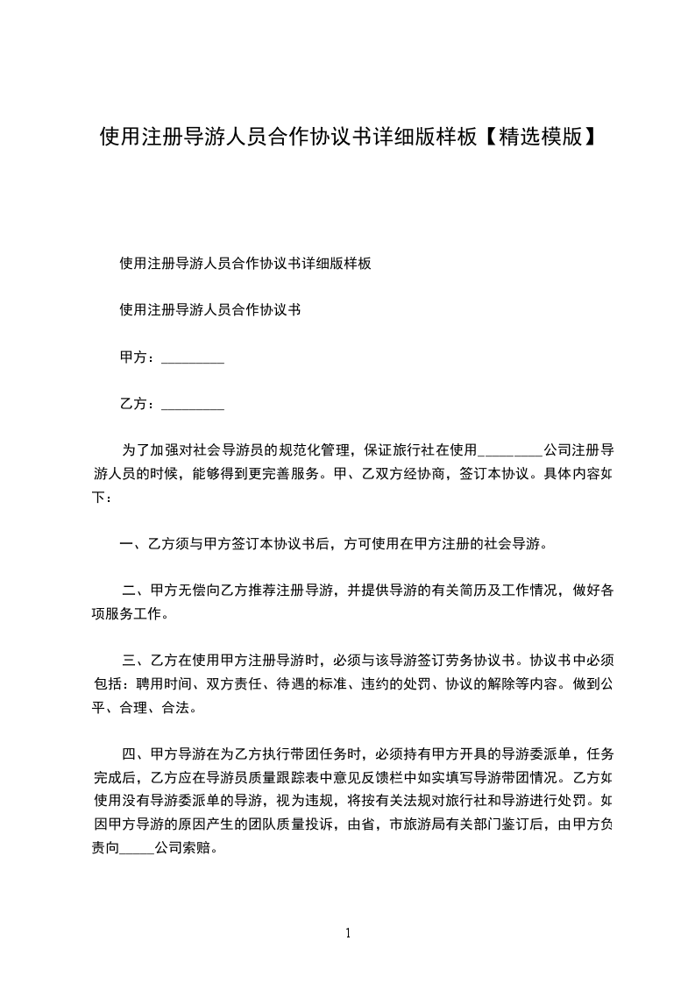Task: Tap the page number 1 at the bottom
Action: tap(348, 933)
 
